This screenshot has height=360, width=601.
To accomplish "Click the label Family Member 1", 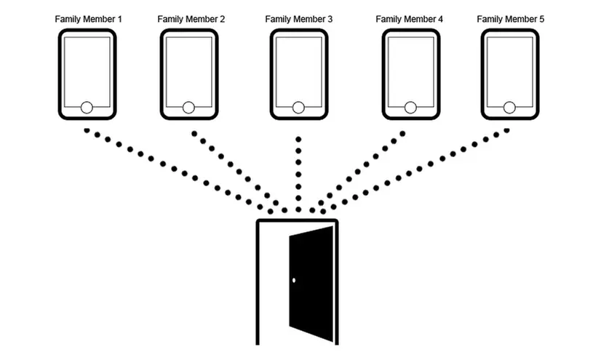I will point(88,19).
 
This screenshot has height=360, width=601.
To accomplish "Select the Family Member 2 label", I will point(191,19).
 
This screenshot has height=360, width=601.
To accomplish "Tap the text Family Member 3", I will point(299,19).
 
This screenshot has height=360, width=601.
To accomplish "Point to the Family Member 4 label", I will point(410,19).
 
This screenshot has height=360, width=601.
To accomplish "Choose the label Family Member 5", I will point(511,19).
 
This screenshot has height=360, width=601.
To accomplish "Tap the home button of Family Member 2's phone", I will point(188,108).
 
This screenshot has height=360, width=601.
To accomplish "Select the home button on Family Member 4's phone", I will point(411,108).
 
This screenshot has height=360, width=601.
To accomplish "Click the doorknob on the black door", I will point(294,281).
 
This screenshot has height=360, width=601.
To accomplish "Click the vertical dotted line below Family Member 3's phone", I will point(298,171).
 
